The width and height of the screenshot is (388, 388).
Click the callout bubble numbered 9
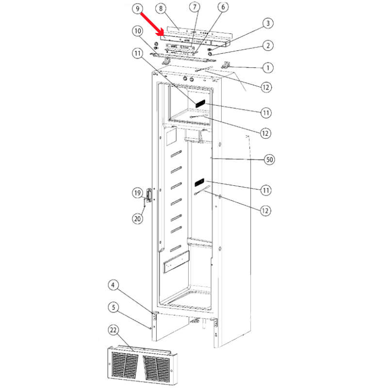pyautogui.click(x=138, y=9)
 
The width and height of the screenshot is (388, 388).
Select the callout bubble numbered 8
pyautogui.click(x=161, y=9)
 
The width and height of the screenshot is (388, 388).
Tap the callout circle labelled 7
pyautogui.click(x=194, y=7)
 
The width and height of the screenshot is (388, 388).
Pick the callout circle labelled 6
pyautogui.click(x=223, y=7)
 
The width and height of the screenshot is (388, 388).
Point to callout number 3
pyautogui.click(x=268, y=23)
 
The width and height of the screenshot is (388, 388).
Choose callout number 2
pyautogui.click(x=268, y=46)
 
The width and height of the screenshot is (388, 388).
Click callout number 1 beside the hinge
pyautogui.click(x=268, y=67)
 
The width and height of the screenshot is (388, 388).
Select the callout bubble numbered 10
pyautogui.click(x=138, y=31)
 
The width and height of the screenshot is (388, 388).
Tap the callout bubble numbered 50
pyautogui.click(x=269, y=160)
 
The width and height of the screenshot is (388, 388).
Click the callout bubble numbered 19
pyautogui.click(x=138, y=193)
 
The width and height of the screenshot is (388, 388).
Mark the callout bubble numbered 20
pyautogui.click(x=138, y=219)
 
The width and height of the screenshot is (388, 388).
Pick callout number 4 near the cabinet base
pyautogui.click(x=113, y=285)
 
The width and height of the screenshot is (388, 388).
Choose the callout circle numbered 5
pyautogui.click(x=113, y=307)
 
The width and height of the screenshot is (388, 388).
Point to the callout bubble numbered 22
pyautogui.click(x=113, y=330)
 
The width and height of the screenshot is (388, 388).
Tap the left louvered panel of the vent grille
pyautogui.click(x=125, y=365)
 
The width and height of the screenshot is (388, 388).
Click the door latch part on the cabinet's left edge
pyautogui.click(x=149, y=196)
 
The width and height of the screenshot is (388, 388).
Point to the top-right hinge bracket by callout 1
pyautogui.click(x=226, y=65)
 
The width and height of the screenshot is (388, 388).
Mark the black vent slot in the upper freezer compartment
pyautogui.click(x=200, y=103)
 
